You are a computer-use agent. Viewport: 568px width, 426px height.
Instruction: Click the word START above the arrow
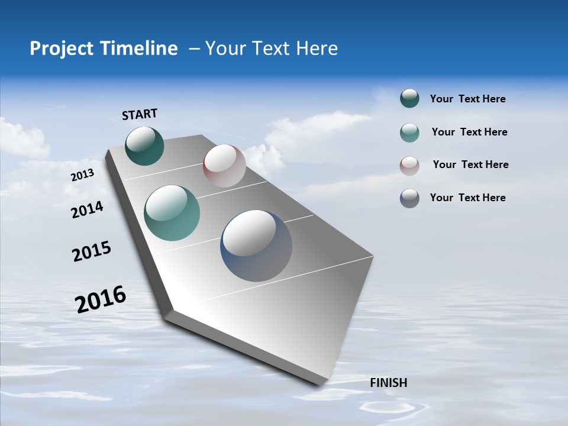[140, 114]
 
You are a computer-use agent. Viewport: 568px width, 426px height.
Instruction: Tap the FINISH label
[388, 383]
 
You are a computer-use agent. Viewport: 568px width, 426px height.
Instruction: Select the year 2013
[82, 175]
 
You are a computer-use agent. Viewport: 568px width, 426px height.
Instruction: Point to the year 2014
[88, 209]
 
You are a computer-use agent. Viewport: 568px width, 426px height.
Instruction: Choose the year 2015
[92, 251]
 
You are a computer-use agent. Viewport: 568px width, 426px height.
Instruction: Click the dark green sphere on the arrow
[144, 146]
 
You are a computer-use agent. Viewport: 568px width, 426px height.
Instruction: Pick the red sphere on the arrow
[224, 166]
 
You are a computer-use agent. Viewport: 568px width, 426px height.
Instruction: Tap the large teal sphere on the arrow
[172, 213]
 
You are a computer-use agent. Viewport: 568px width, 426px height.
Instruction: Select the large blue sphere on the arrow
[256, 246]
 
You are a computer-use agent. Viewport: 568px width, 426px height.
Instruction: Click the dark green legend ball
[409, 99]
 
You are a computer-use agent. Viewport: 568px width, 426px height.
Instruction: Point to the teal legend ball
[409, 133]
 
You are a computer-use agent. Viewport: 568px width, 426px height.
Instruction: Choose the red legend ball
[409, 166]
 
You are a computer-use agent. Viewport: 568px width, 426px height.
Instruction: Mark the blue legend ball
[409, 198]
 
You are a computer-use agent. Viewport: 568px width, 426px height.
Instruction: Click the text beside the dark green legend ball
[467, 99]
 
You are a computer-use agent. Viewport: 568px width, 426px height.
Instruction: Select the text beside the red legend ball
[470, 164]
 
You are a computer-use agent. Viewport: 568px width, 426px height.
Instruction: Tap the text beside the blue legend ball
[467, 198]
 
